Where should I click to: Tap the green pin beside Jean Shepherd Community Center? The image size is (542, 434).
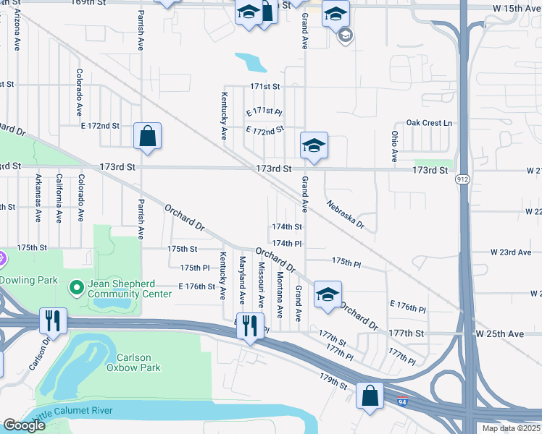coord(76,289)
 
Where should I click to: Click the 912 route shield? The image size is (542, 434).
coord(462,179)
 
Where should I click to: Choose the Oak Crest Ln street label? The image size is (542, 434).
coord(428,123)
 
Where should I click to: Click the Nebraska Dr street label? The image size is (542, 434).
coord(344,212)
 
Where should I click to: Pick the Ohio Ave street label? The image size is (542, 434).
coord(394,145)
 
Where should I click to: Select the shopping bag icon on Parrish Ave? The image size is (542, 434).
coord(147,136)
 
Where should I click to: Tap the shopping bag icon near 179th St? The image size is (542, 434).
coord(370,396)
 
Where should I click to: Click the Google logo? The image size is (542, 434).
coord(24,425)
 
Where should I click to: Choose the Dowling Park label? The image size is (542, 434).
coord(27,279)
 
